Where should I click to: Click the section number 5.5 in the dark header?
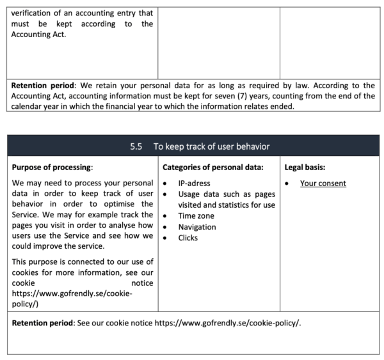(135, 146)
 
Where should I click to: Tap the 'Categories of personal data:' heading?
(208, 168)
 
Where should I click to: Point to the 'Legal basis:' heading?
(305, 168)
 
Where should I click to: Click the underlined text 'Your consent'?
(323, 184)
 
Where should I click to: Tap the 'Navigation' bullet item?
(197, 227)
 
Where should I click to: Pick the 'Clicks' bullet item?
(188, 238)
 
